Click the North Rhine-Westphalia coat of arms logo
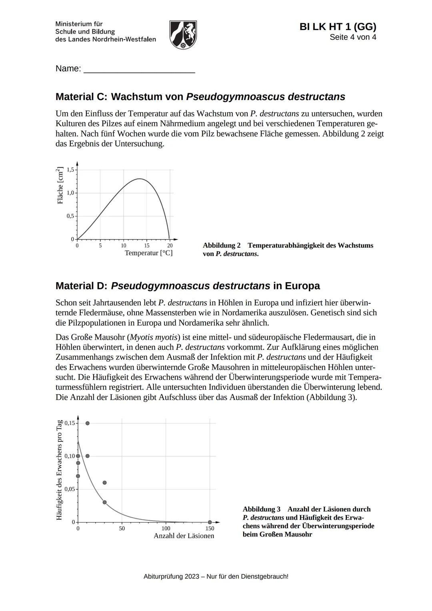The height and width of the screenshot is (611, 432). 183,35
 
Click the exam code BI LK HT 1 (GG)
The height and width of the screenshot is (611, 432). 338,27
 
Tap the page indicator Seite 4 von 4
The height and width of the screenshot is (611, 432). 353,37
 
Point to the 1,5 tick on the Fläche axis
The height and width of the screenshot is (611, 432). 70,170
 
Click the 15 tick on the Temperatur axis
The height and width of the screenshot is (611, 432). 147,245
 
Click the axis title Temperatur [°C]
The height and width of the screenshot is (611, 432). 148,253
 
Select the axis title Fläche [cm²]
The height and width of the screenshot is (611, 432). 60,185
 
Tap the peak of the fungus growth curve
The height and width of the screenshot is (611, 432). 139,179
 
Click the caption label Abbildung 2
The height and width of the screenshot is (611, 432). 222,245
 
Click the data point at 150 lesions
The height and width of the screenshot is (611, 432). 210,522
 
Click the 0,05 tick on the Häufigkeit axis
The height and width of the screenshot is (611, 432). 70,489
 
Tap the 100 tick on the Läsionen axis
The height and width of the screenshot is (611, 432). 166,529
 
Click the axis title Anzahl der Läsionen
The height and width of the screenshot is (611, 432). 184,536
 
